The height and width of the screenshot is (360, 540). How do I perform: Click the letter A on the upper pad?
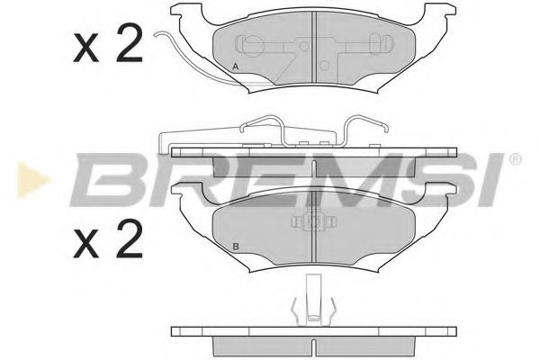click(235, 67)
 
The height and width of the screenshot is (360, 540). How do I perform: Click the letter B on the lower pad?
click(235, 247)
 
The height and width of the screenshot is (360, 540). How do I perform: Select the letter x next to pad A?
click(86, 47)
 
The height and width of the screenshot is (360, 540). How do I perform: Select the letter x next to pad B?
click(86, 242)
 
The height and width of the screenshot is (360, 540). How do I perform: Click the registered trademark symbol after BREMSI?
click(515, 159)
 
